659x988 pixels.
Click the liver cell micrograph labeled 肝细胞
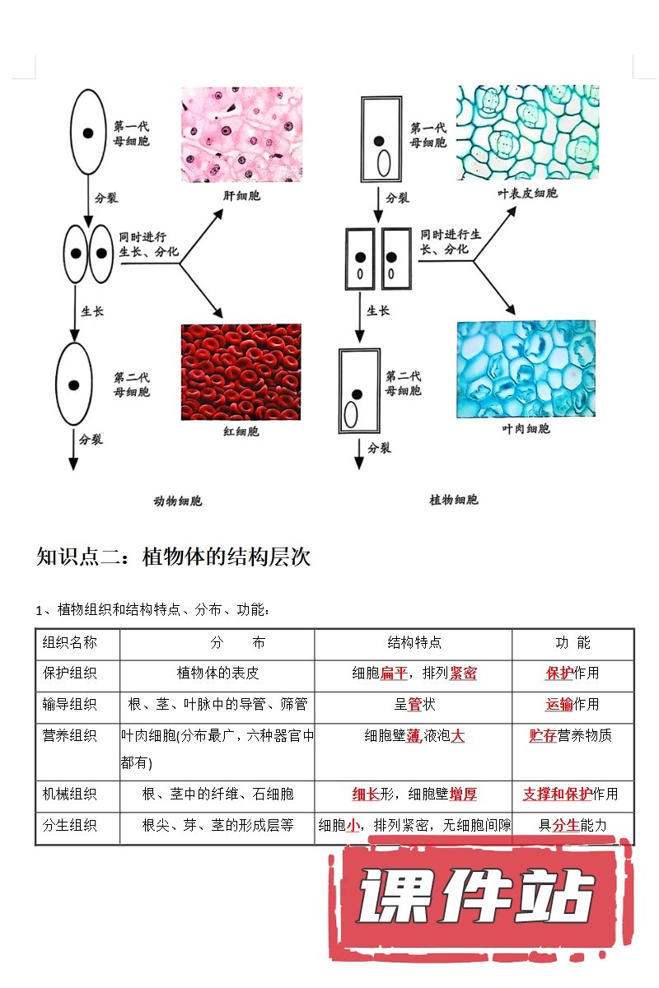(x=241, y=134)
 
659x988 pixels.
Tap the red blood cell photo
(x=241, y=371)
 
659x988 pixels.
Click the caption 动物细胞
(x=178, y=501)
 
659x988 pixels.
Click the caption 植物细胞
(x=453, y=500)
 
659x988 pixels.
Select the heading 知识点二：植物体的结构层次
(x=174, y=557)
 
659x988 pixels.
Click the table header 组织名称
(x=70, y=643)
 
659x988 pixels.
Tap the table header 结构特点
(x=414, y=643)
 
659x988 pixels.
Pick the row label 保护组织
(x=70, y=673)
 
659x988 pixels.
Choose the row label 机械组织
(x=70, y=795)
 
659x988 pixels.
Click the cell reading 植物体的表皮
(x=218, y=673)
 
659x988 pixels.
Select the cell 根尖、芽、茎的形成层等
(x=218, y=825)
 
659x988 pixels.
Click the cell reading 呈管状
(x=414, y=704)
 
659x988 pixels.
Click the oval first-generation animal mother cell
(x=87, y=133)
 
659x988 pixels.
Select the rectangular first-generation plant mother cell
(x=381, y=138)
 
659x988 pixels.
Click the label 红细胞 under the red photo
(x=241, y=431)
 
